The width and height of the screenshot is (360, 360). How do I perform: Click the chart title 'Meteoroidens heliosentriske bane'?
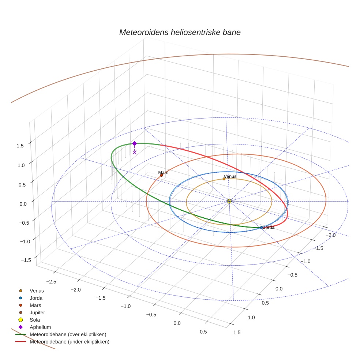pos(180,32)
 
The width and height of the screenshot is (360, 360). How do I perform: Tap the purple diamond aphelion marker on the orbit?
pos(134,143)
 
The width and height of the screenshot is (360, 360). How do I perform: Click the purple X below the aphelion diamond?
pos(135,152)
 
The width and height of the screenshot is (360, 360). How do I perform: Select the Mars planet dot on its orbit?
pos(161,175)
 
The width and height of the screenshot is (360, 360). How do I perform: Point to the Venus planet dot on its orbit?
pos(224,179)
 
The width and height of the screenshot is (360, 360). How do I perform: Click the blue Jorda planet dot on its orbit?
pos(261,228)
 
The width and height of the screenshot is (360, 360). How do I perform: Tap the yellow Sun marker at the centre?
pos(229,201)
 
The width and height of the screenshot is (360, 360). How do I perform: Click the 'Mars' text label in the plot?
pos(163,172)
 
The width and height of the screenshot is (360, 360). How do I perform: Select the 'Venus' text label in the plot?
pos(230,176)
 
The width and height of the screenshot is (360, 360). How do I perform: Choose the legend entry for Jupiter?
pos(37,312)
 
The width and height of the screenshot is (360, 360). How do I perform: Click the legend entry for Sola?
pos(35,320)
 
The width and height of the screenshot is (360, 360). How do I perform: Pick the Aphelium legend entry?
pos(40,327)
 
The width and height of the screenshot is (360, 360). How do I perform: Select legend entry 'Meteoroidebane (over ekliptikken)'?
pos(68,334)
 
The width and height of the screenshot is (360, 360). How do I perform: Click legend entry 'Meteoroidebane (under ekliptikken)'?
pos(70,342)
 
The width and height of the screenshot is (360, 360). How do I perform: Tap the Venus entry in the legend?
pos(37,291)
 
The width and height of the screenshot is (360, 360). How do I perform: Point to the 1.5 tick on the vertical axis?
pos(20,146)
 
